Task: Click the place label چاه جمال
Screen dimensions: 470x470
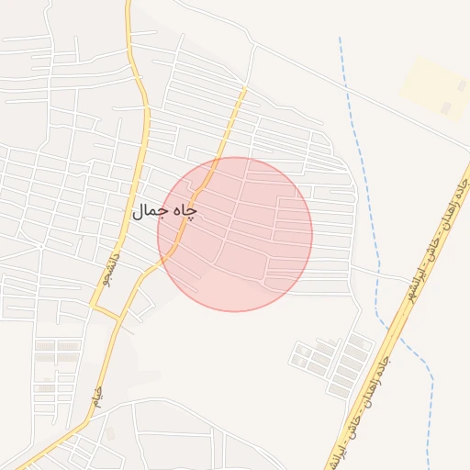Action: point(164,211)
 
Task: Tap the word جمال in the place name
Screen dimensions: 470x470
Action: point(149,212)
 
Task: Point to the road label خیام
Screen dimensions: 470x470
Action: point(97,397)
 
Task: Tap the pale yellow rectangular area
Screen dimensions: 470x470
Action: point(437,88)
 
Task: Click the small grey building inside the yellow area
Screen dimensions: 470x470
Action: point(446,108)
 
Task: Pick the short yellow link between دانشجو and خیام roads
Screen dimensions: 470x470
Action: point(106,312)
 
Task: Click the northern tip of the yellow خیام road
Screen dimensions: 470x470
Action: point(245,89)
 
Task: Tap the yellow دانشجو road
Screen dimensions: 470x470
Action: point(138,184)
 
